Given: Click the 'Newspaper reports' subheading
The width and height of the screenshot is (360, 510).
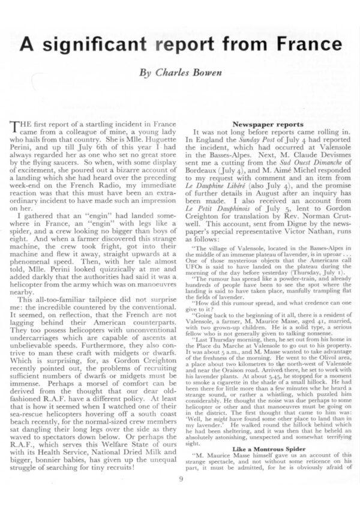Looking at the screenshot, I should point(261,123).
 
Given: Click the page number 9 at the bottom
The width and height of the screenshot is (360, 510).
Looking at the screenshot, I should point(181,478).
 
